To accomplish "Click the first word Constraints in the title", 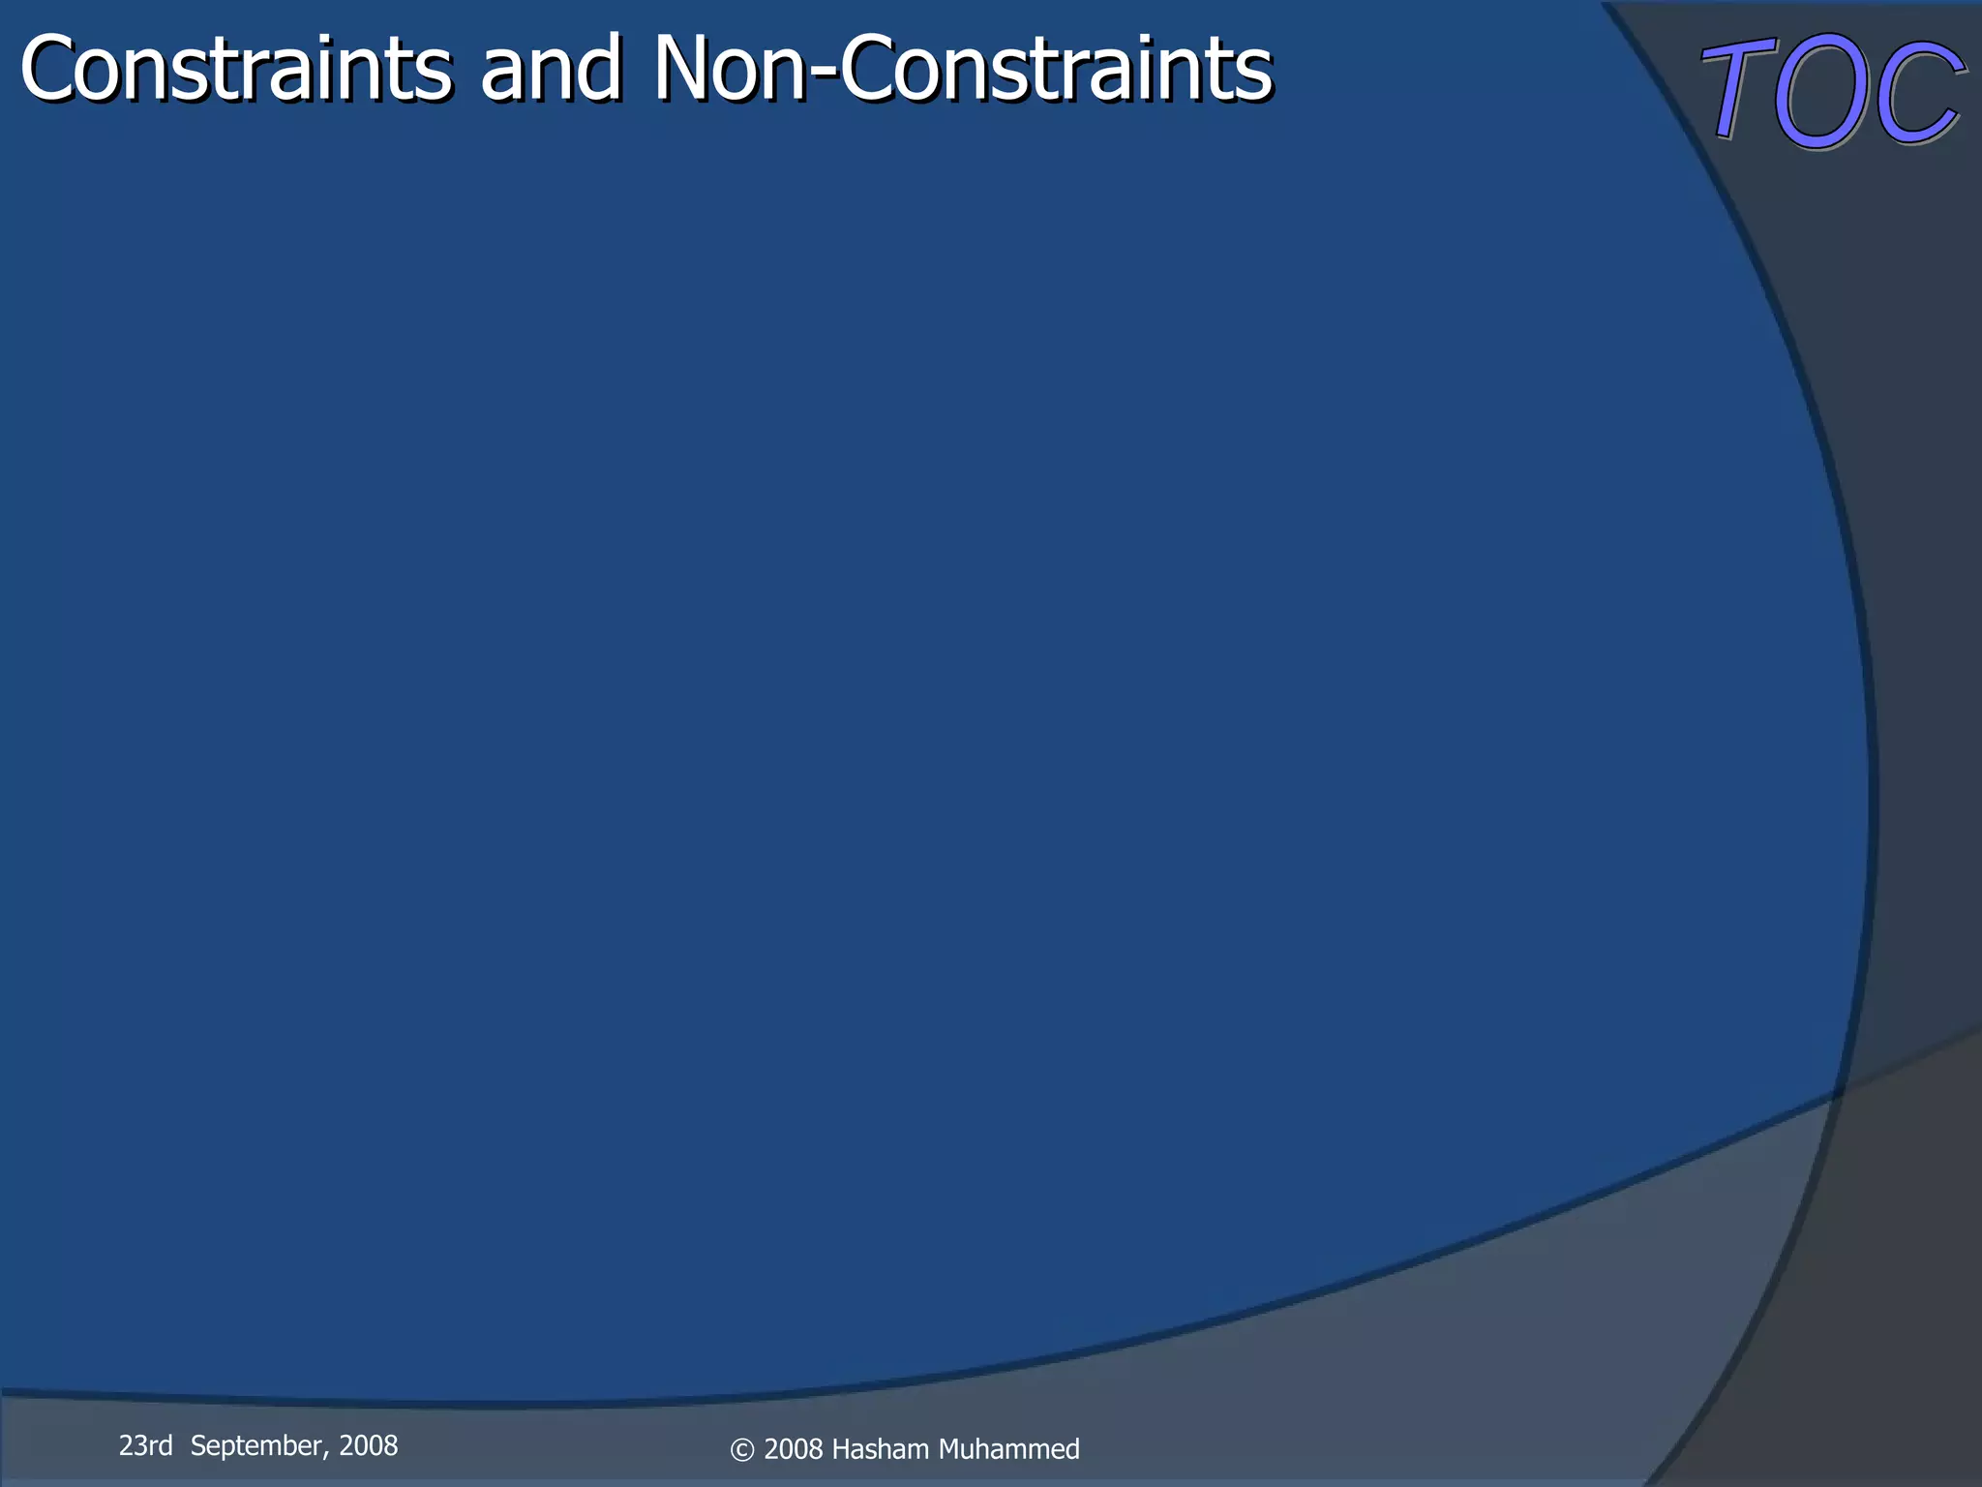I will [235, 70].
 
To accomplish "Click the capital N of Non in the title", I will [688, 70].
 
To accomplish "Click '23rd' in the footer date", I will [145, 1445].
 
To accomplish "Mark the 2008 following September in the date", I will [369, 1445].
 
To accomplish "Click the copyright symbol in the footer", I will [741, 1450].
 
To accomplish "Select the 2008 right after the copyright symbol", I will [794, 1449].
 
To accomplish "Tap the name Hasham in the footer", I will [880, 1449].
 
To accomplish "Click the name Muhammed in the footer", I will [1008, 1449].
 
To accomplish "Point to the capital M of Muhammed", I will [948, 1449].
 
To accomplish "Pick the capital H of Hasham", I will [840, 1449].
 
